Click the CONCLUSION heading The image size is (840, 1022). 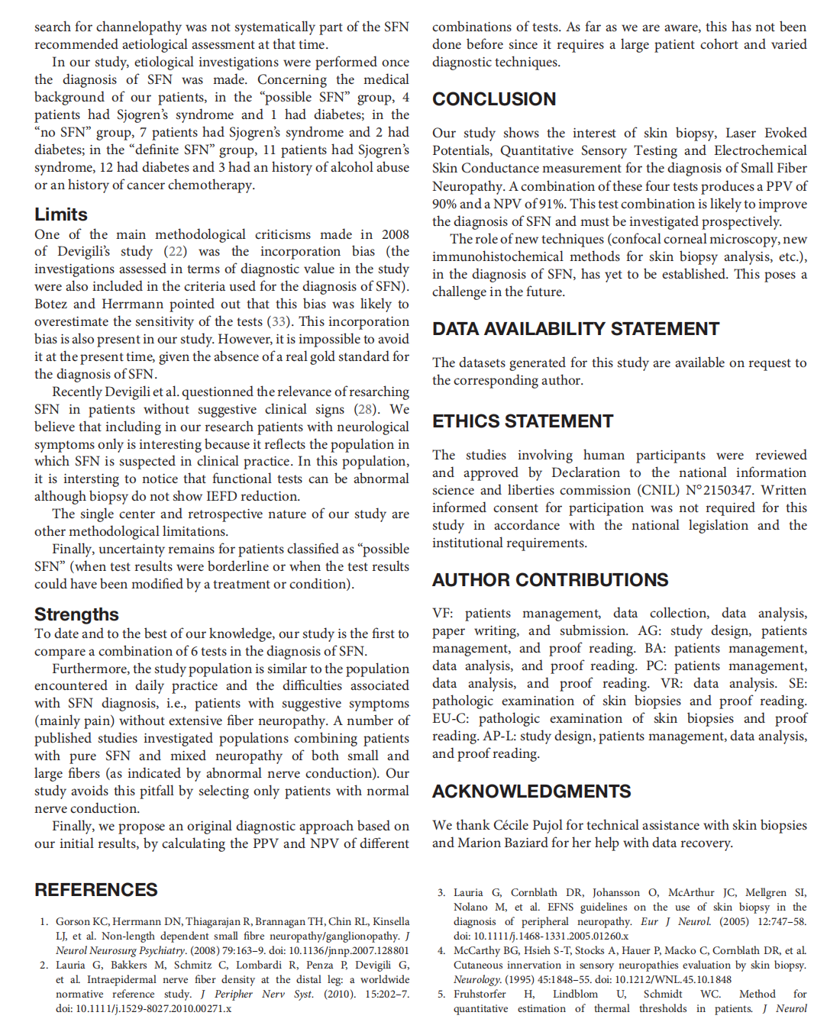pos(494,99)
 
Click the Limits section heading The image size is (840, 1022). pos(61,214)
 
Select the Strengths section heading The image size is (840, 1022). pos(76,614)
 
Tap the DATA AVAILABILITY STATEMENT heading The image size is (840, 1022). pos(576,329)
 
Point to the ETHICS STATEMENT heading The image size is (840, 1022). pos(522,421)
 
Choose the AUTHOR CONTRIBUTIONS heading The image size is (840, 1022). pos(550,580)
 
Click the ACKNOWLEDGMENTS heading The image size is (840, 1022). pos(531,791)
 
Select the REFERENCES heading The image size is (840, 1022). pos(95,890)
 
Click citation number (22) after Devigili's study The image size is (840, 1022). pos(176,252)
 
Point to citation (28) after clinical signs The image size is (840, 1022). pos(367,410)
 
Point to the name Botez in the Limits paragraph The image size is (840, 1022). pos(51,305)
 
